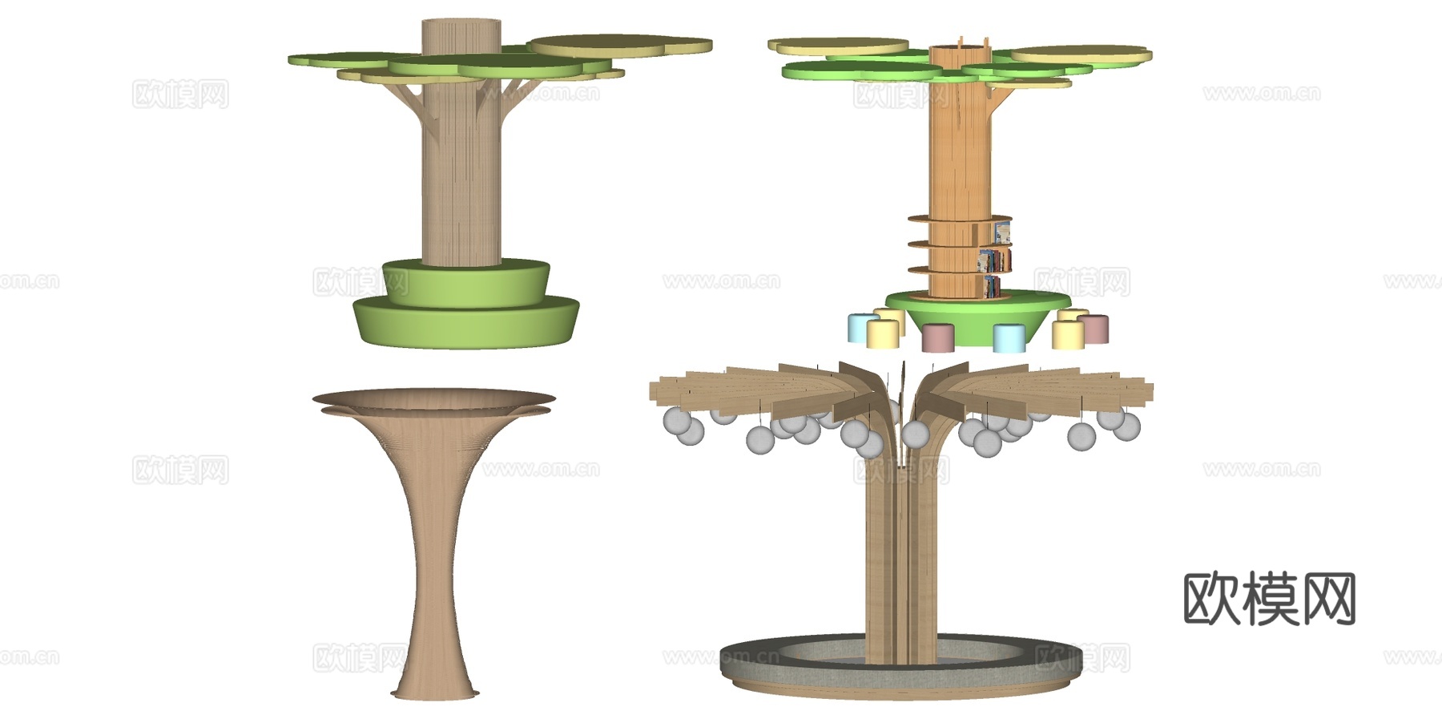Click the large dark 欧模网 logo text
[x=1269, y=598]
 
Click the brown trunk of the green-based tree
[x=461, y=160]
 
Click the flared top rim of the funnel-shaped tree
[x=433, y=402]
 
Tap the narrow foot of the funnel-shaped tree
[x=435, y=692]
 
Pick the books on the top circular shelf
[x=1001, y=232]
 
